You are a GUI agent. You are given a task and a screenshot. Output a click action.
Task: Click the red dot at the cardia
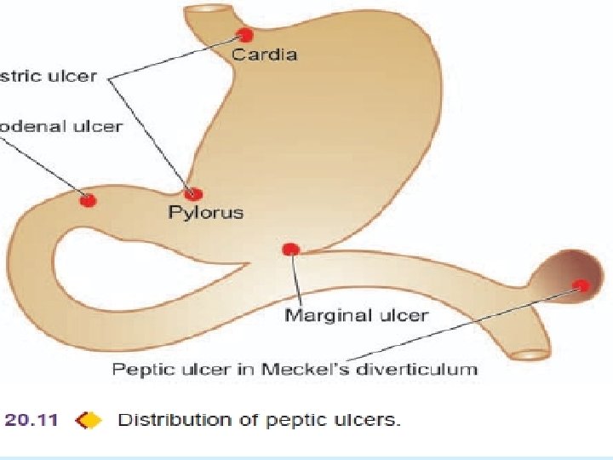[x=245, y=35]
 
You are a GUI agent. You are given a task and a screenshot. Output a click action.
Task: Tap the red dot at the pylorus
[x=194, y=194]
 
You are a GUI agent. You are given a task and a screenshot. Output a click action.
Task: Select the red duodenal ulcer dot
[x=88, y=200]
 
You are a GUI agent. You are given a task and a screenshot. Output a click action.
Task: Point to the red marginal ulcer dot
[x=290, y=249]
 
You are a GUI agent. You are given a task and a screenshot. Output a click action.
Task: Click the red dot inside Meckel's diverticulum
[x=581, y=285]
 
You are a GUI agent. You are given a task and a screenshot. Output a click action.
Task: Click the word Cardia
[x=265, y=55]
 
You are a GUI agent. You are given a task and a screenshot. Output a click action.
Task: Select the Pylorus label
[x=205, y=212]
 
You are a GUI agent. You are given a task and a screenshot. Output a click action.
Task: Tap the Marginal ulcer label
[x=357, y=315]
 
